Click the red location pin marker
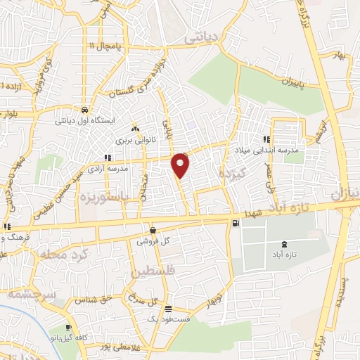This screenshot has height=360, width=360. click(x=181, y=165)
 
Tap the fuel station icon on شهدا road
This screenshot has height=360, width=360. click(x=234, y=224)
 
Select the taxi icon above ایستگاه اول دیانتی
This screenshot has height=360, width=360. click(x=84, y=110)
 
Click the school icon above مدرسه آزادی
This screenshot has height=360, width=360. click(x=107, y=158)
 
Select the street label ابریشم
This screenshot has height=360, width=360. click(x=322, y=129)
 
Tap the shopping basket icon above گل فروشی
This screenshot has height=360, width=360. click(x=153, y=229)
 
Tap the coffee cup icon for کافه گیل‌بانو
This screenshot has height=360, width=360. click(x=68, y=328)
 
